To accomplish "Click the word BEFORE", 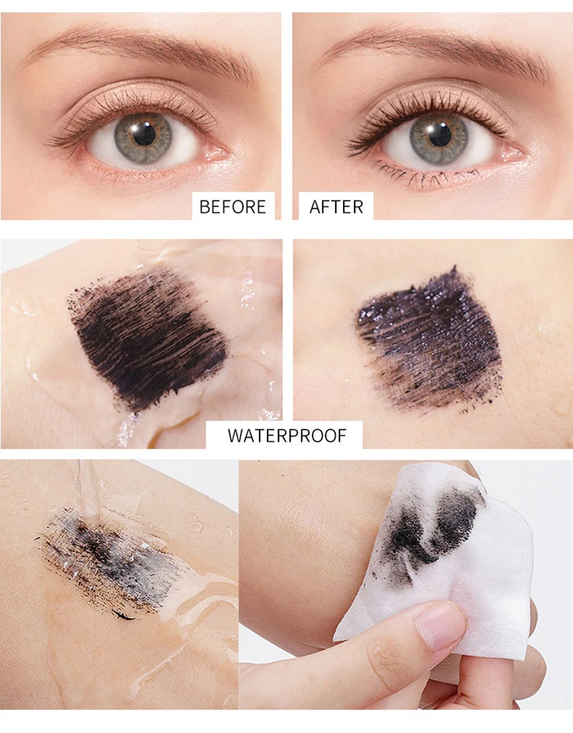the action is [x=233, y=207].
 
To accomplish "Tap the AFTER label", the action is [x=336, y=207].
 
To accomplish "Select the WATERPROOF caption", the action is [x=287, y=436].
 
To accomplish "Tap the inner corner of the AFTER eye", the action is [x=512, y=154].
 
